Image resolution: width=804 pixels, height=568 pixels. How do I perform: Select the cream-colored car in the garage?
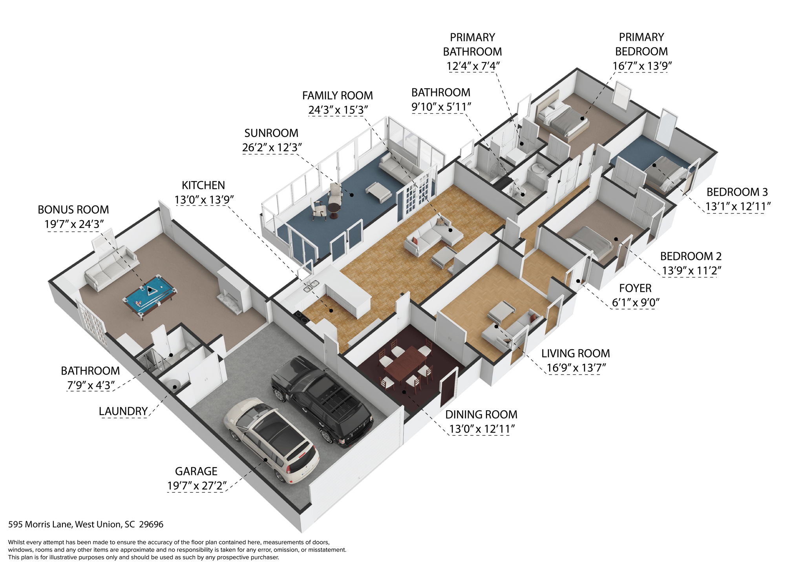(x=271, y=439)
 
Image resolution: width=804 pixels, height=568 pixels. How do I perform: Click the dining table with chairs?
(x=404, y=363)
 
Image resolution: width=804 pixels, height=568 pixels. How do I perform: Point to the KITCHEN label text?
(x=203, y=185)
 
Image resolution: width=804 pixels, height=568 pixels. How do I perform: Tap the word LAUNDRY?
(x=123, y=411)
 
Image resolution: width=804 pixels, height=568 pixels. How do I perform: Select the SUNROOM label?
(x=271, y=133)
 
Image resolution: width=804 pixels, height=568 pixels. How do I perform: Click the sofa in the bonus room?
(x=111, y=268)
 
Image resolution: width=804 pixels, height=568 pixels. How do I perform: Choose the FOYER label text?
(x=635, y=288)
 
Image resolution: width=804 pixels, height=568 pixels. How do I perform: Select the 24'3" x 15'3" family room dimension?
(x=338, y=110)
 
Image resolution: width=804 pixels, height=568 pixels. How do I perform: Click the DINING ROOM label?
(x=481, y=414)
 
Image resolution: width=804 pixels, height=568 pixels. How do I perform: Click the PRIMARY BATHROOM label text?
(x=472, y=44)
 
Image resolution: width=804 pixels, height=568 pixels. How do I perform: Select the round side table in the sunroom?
(x=334, y=211)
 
